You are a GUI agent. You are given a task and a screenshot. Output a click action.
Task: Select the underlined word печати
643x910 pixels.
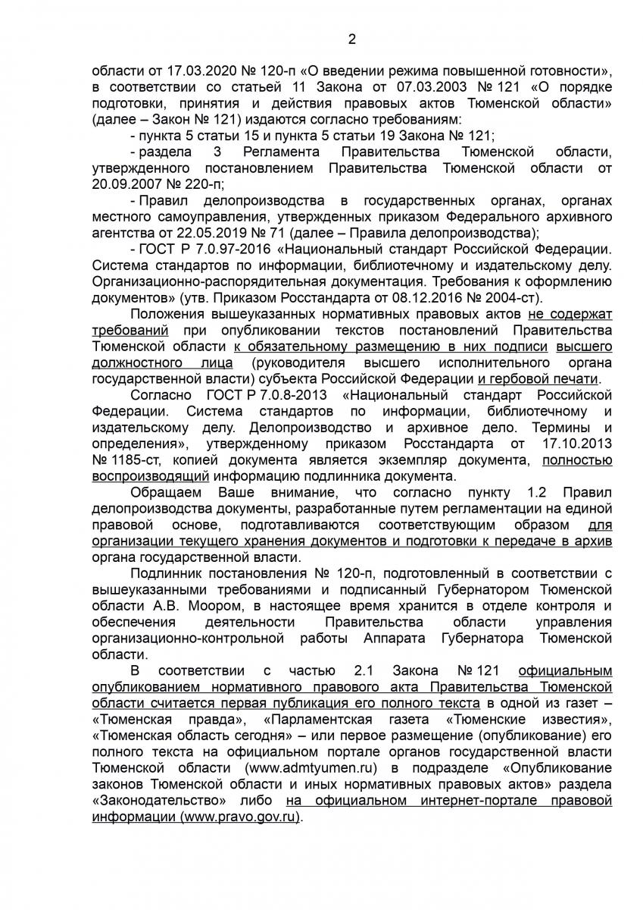(x=576, y=378)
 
